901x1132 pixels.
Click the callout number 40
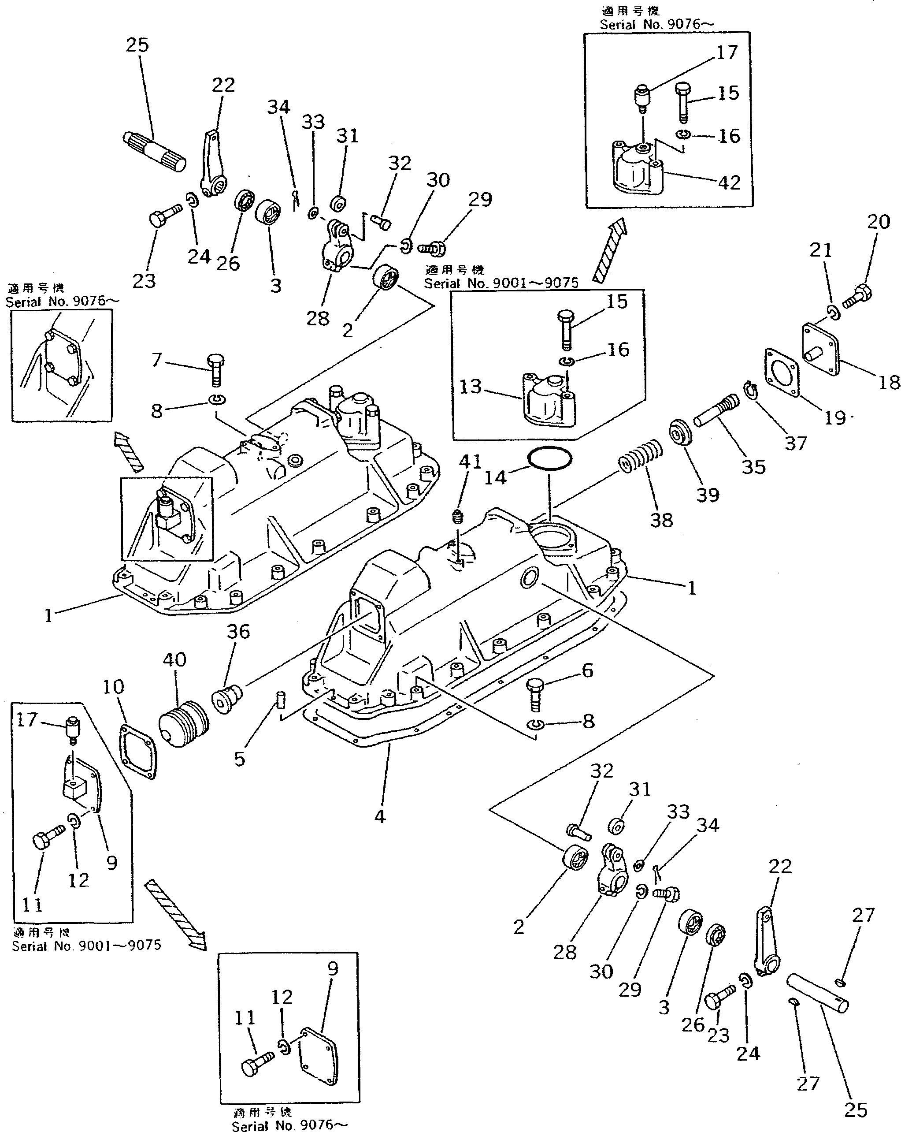(174, 659)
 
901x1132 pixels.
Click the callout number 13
(470, 387)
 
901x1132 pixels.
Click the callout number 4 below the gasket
(380, 816)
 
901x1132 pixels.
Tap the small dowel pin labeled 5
(280, 701)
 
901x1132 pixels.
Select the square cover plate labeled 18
(820, 349)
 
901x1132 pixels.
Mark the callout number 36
(238, 632)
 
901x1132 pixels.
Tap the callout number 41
(470, 462)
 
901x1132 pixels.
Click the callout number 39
(708, 494)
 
